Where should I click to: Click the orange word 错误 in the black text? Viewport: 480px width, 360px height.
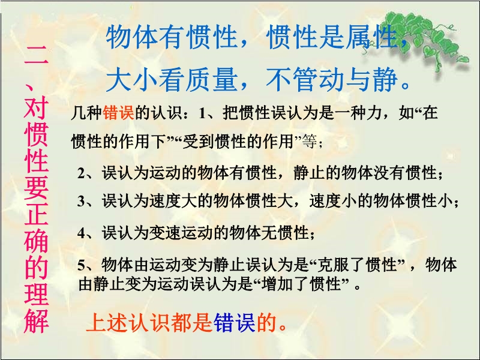click(118, 113)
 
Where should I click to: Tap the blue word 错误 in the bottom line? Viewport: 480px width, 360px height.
click(235, 323)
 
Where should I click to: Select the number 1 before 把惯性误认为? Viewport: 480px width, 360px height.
click(202, 113)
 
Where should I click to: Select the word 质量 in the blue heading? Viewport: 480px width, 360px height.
click(212, 79)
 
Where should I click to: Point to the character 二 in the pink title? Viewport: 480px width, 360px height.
click(36, 55)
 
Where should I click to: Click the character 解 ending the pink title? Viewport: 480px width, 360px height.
click(36, 320)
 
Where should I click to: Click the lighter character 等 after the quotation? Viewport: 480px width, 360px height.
click(310, 142)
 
